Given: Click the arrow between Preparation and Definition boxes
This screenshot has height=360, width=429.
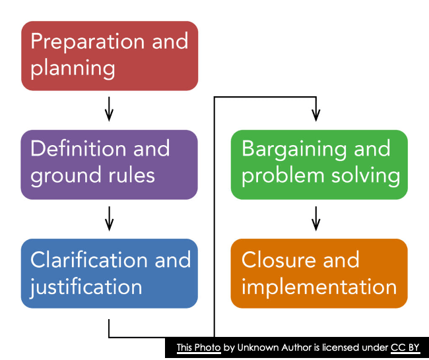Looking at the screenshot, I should [x=110, y=109].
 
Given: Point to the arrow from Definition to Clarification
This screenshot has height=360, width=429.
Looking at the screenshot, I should [x=110, y=218].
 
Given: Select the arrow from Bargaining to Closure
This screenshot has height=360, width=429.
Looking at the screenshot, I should [x=316, y=218].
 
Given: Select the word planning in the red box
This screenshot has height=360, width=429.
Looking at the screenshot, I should [x=73, y=68].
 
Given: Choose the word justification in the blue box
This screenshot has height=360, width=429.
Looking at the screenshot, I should [x=86, y=286].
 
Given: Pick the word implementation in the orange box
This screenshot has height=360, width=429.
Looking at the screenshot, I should [x=319, y=286].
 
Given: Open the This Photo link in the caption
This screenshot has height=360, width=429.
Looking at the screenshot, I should [x=198, y=347].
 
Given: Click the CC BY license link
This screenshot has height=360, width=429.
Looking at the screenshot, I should [x=405, y=347].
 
